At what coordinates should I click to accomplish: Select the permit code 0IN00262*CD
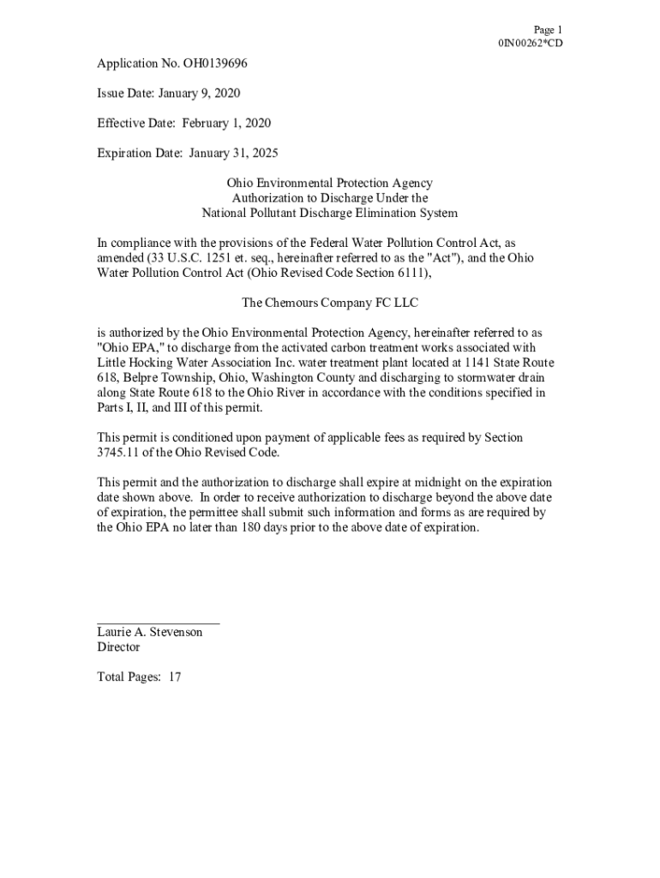[531, 43]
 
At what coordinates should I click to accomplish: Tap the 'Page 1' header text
[548, 29]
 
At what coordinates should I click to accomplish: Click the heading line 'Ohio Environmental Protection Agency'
[329, 183]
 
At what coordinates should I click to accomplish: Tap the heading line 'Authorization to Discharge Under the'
[329, 198]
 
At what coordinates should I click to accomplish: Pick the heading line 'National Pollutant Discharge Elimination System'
[329, 213]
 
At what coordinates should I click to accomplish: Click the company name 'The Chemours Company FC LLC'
[329, 303]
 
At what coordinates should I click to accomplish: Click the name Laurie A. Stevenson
[149, 633]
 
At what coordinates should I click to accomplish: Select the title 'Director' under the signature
[118, 647]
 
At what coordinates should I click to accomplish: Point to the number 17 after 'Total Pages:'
[175, 677]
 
